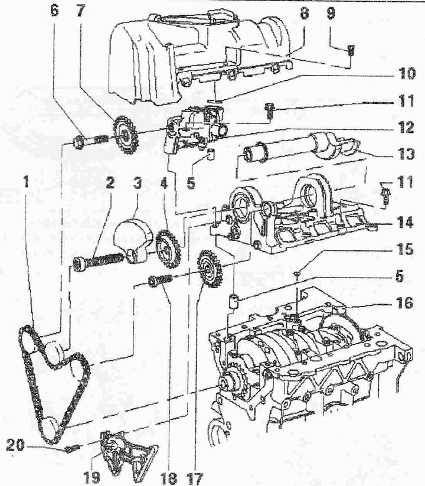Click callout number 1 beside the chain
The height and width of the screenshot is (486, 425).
tap(27, 182)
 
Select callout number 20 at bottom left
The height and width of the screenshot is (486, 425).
tap(15, 446)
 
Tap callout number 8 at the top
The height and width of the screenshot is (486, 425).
tap(304, 14)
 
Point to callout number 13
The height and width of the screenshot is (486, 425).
tap(405, 154)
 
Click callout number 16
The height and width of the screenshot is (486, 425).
tap(404, 302)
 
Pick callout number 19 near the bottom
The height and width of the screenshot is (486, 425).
tap(92, 478)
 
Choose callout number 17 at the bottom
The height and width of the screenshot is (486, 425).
tap(195, 478)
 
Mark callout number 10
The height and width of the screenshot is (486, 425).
tap(407, 74)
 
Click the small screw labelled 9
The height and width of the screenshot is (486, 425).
tap(352, 50)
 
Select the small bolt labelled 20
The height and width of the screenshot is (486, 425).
tap(73, 448)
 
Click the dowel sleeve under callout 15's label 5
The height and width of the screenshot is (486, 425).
tap(234, 302)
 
